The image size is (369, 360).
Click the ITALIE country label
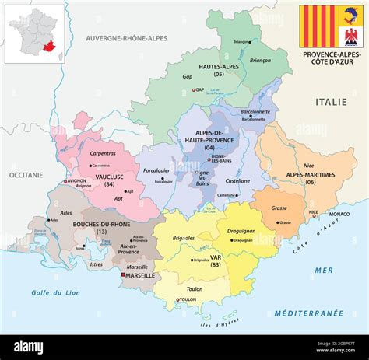pos(330,102)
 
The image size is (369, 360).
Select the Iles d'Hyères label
pos(219,317)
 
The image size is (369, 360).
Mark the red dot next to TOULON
pos(178,299)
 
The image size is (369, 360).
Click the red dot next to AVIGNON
pos(66,181)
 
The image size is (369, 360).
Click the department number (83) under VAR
pos(215,266)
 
